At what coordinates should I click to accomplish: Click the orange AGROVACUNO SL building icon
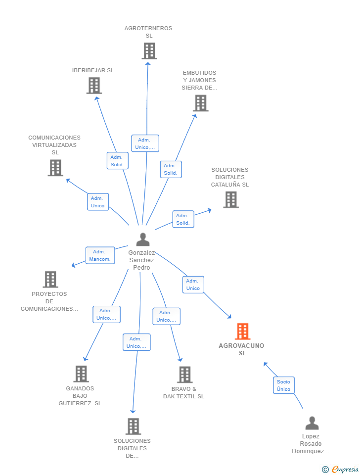point(242,331)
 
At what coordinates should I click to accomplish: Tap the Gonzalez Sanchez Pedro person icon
point(143,239)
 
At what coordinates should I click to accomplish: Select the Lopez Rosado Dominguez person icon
point(312,423)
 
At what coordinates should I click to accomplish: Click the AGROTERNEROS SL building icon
point(149,50)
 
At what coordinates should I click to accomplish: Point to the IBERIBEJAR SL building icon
point(94,86)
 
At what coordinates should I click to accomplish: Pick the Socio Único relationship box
point(284,385)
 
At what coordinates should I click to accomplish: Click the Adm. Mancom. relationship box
point(100,255)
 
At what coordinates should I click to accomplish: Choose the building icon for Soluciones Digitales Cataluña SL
point(231,199)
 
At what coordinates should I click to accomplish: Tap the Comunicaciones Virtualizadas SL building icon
point(55,168)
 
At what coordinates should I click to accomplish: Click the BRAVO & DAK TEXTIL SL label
point(184,392)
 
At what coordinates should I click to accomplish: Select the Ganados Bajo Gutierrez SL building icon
point(81,374)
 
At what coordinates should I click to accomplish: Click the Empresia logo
point(341,469)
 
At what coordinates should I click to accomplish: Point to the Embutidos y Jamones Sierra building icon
point(201,103)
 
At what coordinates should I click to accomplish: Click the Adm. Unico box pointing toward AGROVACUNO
point(193,285)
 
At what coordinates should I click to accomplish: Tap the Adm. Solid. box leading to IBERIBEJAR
point(118,160)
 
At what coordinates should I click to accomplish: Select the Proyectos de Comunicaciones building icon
point(50,279)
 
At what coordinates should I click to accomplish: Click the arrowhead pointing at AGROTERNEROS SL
point(148,64)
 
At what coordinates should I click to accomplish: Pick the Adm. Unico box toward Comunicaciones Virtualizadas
point(98,202)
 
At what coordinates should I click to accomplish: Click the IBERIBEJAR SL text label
point(93,70)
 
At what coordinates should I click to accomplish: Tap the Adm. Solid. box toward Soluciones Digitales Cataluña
point(183,219)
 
